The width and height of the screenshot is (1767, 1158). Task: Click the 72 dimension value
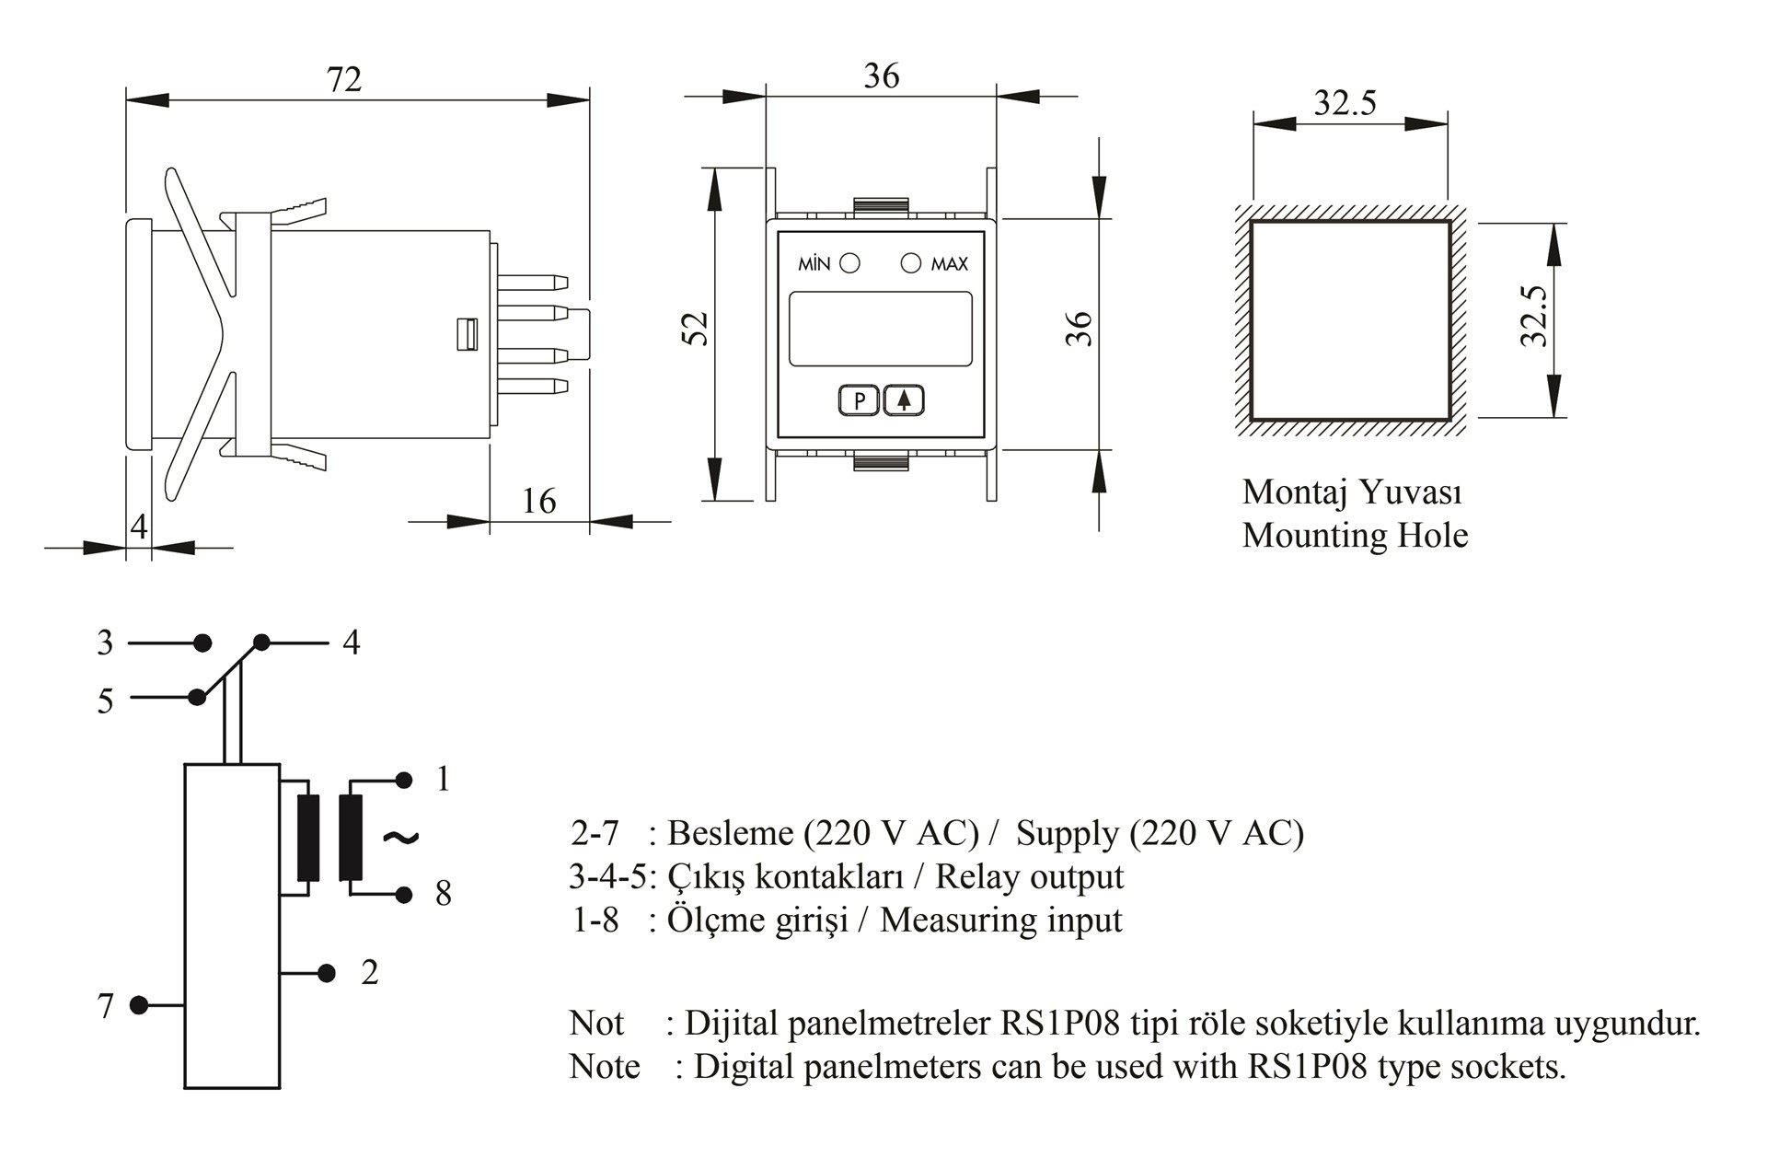[x=344, y=80]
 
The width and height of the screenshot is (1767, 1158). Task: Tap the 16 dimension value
[x=538, y=502]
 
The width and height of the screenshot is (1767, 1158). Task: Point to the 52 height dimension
[x=697, y=329]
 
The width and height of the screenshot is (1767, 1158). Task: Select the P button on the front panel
[x=860, y=401]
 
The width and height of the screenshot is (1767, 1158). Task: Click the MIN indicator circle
[x=850, y=264]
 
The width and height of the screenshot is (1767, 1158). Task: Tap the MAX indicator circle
[x=910, y=264]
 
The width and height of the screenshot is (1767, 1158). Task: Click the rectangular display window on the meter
[x=881, y=329]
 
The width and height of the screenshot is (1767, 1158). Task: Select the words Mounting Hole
[x=1355, y=536]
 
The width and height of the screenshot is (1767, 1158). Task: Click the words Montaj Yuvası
[x=1352, y=492]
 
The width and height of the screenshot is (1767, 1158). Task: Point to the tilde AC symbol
[x=400, y=837]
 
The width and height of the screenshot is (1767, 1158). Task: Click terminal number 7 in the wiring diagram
[x=106, y=1006]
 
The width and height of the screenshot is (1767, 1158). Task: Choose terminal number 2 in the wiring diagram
[x=370, y=973]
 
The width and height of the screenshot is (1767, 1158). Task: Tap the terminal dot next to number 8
[x=403, y=894]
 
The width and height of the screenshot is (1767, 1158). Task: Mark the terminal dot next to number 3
[x=202, y=643]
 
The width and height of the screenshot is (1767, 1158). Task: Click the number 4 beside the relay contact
[x=352, y=643]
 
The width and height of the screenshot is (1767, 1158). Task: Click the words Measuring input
[x=1000, y=921]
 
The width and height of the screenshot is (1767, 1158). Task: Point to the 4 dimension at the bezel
[x=139, y=527]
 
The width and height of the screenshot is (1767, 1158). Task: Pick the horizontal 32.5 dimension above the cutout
[x=1345, y=103]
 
